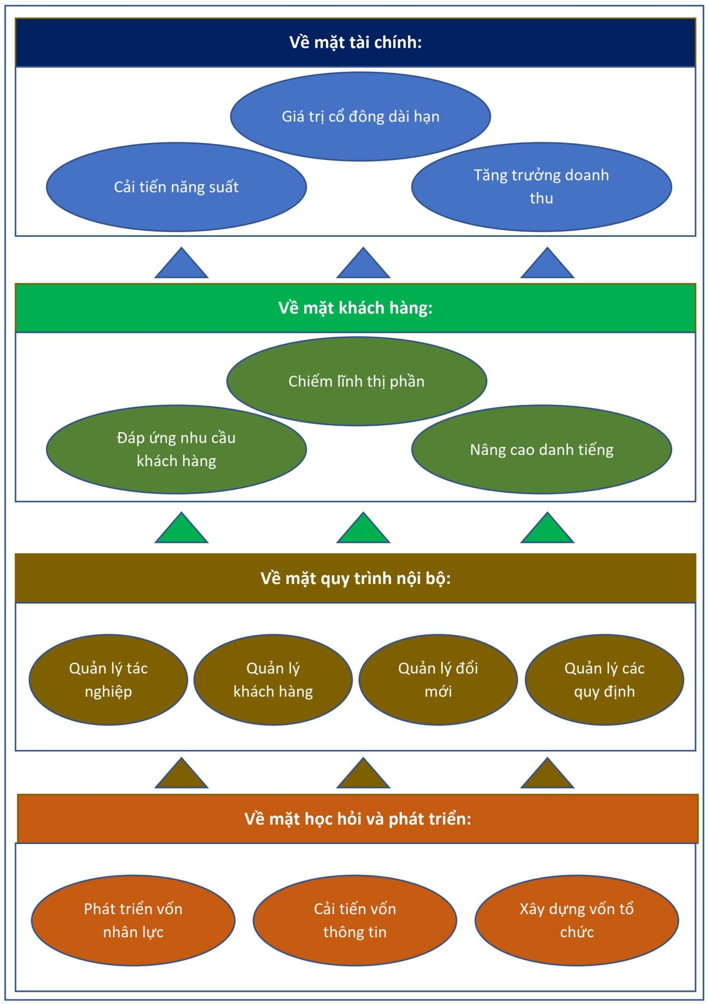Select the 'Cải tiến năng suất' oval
[176, 187]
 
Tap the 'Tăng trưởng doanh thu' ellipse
[541, 187]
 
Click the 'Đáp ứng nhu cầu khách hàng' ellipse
[176, 449]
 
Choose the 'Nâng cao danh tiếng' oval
[541, 449]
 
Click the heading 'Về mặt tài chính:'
[355, 42]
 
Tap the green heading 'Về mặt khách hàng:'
[355, 308]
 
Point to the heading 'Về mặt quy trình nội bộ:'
[355, 578]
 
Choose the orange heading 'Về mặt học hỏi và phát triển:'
[357, 818]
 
